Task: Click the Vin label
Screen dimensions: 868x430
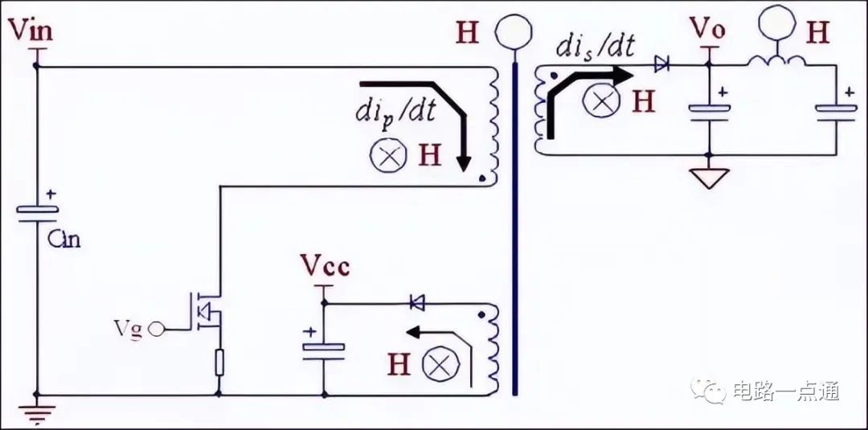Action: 31,30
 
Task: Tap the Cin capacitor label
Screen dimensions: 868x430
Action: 63,239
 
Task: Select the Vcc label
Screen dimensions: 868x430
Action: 325,266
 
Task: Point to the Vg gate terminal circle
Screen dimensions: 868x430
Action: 157,330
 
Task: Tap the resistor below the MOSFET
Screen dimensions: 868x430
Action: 219,362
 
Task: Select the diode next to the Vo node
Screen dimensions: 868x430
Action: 661,64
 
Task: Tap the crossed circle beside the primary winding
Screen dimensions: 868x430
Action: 389,155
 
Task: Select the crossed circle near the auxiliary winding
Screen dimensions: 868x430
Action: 441,365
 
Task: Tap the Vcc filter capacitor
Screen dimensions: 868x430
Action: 324,351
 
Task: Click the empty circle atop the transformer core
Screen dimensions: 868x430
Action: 514,31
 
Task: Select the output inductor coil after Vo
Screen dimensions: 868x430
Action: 776,61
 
